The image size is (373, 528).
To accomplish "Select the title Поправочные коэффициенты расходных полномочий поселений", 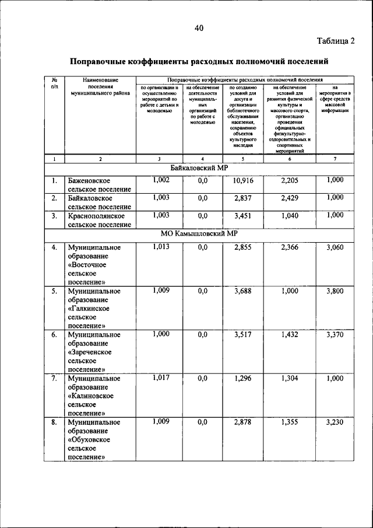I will click(x=199, y=61).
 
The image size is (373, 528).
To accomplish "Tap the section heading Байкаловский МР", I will click(x=199, y=168).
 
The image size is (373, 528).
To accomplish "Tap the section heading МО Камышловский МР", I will click(x=199, y=234).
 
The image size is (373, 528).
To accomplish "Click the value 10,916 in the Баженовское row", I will click(x=243, y=181).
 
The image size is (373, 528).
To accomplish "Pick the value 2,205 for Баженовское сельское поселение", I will click(x=290, y=181).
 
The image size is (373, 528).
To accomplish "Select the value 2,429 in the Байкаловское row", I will click(x=290, y=198).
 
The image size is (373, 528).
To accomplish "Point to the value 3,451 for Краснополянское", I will click(x=243, y=216).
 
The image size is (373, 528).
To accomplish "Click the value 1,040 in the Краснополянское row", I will click(x=290, y=216).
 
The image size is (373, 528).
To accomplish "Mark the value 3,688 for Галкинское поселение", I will click(x=243, y=291).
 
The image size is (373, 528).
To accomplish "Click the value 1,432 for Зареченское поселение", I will click(x=290, y=335).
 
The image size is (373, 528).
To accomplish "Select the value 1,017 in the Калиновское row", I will click(x=160, y=377).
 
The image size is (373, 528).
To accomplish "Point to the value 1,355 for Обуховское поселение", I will click(x=290, y=422).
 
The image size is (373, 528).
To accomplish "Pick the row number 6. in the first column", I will click(x=54, y=335).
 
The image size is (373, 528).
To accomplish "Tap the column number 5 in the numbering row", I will click(x=243, y=159).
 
